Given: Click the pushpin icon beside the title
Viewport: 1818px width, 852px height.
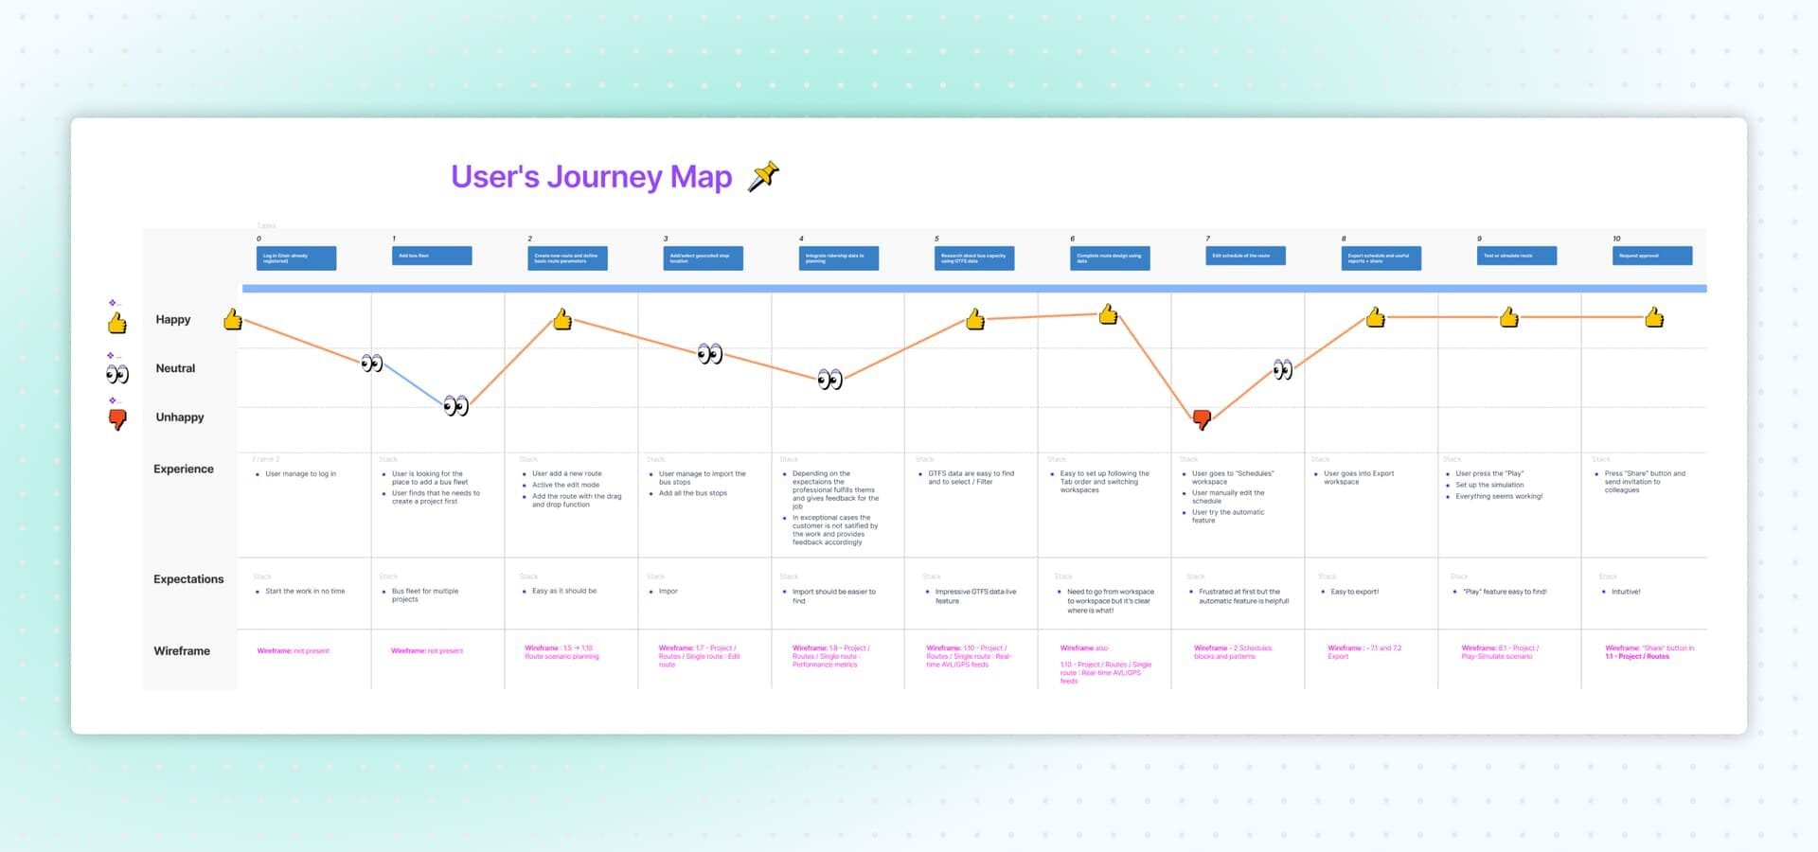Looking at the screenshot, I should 763,176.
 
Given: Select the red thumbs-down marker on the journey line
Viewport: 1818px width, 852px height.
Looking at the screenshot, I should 1202,418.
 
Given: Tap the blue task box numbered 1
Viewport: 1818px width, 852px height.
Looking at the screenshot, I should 432,256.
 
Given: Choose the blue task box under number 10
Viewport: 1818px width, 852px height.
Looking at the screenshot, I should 1652,256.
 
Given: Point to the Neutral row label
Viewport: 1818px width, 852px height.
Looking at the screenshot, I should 175,368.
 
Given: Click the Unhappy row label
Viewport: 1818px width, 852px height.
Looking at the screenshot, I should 179,417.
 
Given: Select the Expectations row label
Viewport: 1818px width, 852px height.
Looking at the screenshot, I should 188,579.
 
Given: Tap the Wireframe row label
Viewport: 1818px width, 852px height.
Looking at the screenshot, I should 182,651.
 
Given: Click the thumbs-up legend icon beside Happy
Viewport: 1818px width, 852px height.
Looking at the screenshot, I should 117,324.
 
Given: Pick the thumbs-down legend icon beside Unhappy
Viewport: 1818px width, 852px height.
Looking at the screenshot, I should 117,419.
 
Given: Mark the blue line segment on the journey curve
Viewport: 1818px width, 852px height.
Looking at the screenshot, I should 414,384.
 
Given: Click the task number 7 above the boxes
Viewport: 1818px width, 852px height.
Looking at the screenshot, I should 1207,239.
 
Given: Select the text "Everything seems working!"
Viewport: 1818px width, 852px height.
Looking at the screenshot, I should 1499,496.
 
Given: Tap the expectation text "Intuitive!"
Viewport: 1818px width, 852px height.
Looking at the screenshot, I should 1626,592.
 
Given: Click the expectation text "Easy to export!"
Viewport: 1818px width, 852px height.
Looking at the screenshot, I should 1354,592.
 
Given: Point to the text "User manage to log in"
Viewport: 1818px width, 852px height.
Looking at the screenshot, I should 300,474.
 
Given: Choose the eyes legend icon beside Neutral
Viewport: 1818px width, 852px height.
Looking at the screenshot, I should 117,374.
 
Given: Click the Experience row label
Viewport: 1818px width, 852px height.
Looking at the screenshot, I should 184,470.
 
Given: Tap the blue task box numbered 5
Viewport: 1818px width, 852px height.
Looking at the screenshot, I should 974,257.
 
